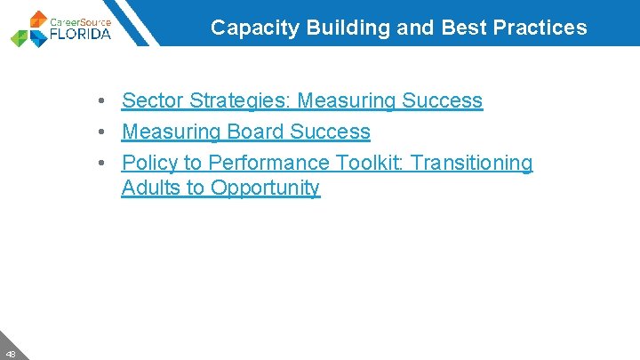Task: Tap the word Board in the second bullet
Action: point(253,132)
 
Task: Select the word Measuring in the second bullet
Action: point(171,132)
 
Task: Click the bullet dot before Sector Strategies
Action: point(103,101)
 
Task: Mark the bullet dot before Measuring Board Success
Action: point(103,132)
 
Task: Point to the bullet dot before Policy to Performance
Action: point(103,164)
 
